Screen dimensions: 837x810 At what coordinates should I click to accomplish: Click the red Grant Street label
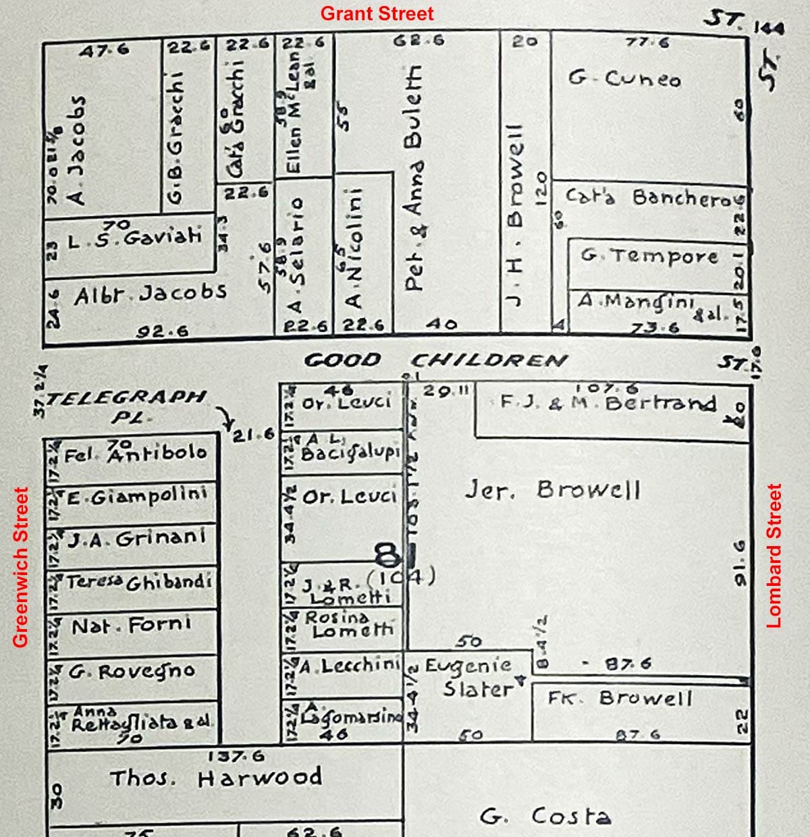coord(377,13)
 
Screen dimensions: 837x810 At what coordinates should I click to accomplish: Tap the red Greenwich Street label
coord(22,567)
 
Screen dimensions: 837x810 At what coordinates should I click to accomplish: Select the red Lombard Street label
coord(774,556)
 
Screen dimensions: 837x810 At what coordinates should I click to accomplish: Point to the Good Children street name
coord(435,360)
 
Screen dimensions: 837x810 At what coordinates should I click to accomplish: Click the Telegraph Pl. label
coord(126,405)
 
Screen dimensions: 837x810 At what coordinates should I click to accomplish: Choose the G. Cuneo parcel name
coord(624,79)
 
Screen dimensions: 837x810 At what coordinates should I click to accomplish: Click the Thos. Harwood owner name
coord(216,778)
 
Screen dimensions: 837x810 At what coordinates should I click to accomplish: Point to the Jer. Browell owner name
coord(552,489)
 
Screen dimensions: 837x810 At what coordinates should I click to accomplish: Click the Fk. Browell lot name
coord(620,697)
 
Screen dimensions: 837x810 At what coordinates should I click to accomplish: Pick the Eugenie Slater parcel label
coord(476,677)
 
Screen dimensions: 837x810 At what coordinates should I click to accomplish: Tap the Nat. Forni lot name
coord(132,624)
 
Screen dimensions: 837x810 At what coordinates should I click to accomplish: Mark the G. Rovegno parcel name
coord(132,671)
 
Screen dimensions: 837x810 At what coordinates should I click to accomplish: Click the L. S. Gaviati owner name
coord(135,237)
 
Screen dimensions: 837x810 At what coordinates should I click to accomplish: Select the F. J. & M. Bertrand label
coord(607,403)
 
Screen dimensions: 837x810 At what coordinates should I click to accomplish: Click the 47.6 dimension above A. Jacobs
coord(103,50)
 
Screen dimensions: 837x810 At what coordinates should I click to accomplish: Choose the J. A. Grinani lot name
coord(136,539)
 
